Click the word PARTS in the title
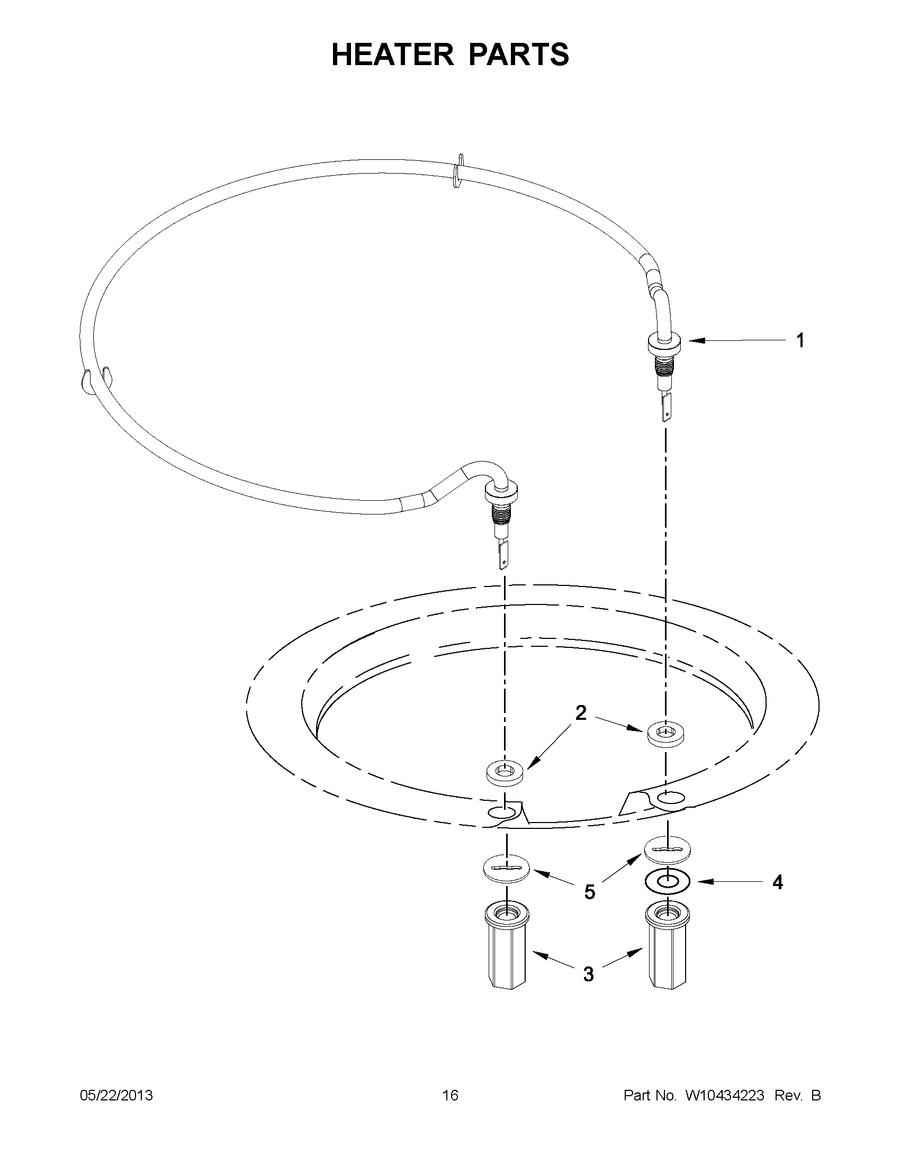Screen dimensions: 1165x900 [x=519, y=55]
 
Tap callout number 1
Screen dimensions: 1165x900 [x=800, y=341]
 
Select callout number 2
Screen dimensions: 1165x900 [x=580, y=712]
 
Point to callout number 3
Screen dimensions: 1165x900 [x=588, y=974]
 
